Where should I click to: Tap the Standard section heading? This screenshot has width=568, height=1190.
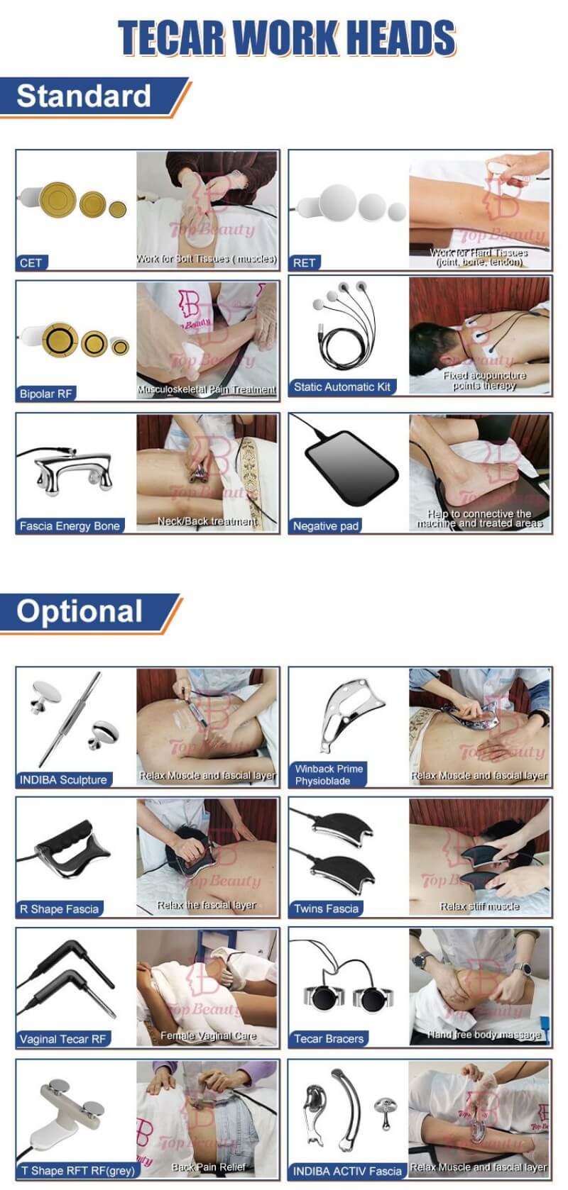[x=84, y=96]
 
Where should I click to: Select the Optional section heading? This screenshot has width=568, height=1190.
[x=80, y=611]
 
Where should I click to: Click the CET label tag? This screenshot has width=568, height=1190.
[x=31, y=263]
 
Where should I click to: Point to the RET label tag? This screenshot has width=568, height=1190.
[x=305, y=263]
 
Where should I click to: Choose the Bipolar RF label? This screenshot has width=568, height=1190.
[x=46, y=394]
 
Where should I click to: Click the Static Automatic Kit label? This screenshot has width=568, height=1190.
[x=342, y=387]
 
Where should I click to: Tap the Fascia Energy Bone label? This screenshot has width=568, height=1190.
[x=70, y=526]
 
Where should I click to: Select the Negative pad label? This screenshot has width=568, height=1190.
[x=326, y=526]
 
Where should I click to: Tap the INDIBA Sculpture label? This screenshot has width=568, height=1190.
[x=63, y=780]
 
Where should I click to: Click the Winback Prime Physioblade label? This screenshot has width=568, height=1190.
[x=329, y=774]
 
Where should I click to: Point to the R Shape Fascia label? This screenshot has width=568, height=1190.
[x=59, y=909]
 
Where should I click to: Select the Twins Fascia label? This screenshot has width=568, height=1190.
[x=327, y=909]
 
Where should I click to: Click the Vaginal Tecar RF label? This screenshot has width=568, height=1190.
[x=62, y=1040]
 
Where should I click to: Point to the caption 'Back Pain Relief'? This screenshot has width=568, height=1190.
[x=209, y=1167]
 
